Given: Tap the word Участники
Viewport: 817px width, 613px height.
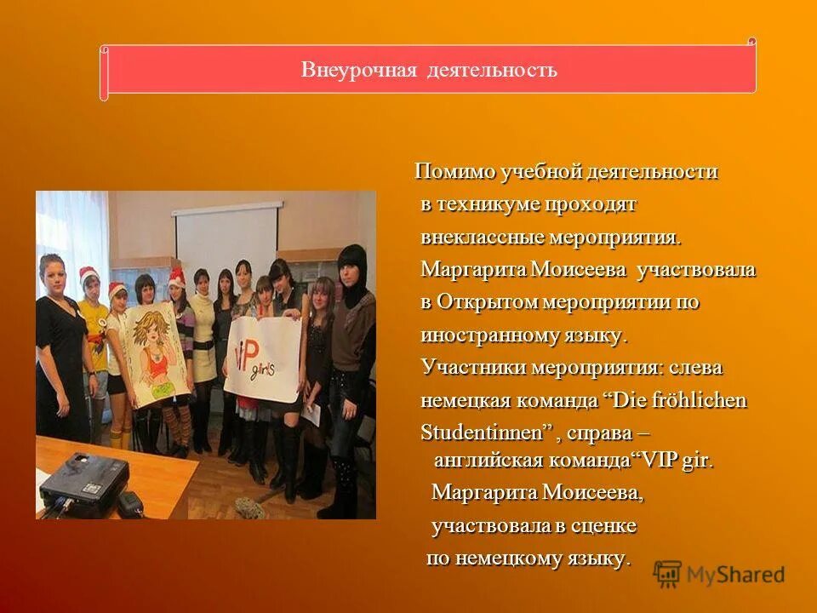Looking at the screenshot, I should point(473,368).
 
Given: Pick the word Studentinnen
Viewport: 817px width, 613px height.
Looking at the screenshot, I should point(483,433).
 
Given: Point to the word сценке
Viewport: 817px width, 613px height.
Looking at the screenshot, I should point(607,526).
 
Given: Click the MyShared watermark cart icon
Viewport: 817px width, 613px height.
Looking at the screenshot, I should point(668,575).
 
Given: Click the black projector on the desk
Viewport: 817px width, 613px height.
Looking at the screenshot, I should point(83,484).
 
